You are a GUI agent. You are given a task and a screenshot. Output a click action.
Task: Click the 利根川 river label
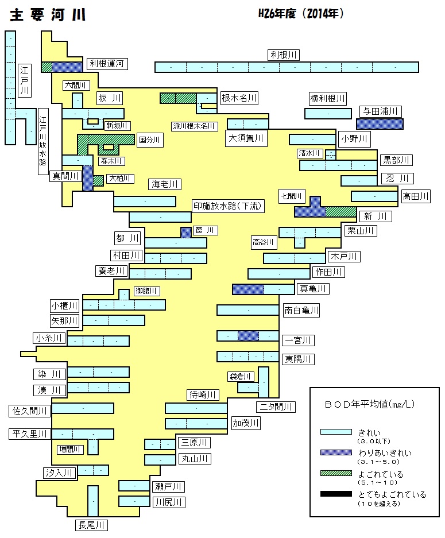point(284,55)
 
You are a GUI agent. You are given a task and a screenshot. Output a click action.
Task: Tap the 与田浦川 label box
point(380,111)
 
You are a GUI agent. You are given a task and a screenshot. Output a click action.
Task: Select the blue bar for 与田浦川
point(380,124)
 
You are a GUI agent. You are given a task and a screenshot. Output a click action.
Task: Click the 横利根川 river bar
point(328,114)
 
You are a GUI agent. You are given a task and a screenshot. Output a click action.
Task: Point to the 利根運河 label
point(107,64)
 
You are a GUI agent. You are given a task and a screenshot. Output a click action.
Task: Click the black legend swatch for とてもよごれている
point(336,494)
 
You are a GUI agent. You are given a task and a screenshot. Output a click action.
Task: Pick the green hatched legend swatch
point(336,473)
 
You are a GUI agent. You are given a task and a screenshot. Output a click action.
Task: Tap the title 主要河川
point(48,15)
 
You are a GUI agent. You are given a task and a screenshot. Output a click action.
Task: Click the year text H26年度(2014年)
point(301,13)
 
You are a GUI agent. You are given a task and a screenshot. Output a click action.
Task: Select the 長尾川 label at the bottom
point(91,525)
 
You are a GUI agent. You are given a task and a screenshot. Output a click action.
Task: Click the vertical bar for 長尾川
point(93,501)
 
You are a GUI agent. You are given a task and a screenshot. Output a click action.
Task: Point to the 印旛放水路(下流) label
point(227,206)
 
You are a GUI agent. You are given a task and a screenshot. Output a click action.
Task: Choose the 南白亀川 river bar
point(247,310)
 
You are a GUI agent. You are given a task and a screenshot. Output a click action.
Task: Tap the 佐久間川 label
point(29,411)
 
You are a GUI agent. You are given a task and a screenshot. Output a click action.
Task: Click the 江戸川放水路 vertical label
point(43,141)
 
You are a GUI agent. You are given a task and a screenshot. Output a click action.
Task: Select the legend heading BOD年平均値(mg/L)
point(370,404)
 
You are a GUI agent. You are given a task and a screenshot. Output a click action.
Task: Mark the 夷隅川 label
point(298,359)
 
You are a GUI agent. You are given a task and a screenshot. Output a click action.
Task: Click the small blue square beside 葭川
point(186,233)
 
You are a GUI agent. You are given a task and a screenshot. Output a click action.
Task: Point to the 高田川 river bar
point(374,196)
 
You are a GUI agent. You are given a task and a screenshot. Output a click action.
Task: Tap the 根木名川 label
point(239,98)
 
